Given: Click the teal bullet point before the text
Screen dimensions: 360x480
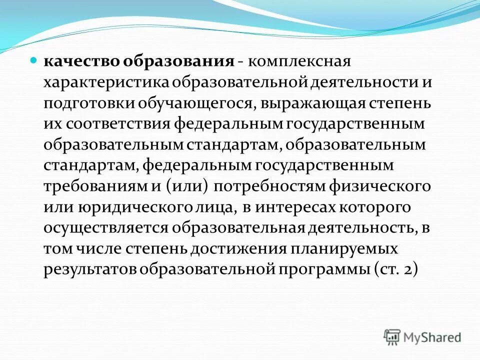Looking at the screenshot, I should tap(34, 59).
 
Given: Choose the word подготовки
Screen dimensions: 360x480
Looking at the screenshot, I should tap(88, 103).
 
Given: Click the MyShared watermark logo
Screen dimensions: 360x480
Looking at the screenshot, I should tap(422, 336).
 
